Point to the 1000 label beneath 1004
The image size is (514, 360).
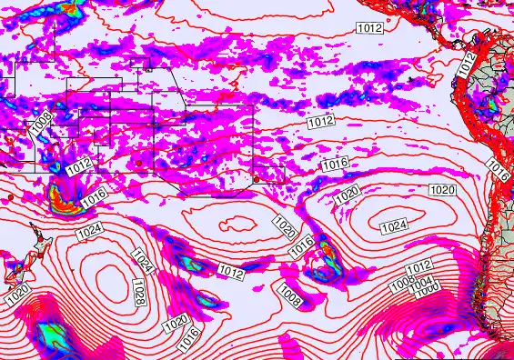[x=427, y=288]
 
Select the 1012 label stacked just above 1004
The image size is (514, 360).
[x=418, y=266]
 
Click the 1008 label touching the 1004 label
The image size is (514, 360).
[x=401, y=284]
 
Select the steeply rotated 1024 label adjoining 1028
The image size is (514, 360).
[x=141, y=264]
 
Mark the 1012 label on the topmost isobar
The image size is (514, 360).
[x=369, y=28]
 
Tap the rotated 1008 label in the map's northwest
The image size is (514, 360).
[x=40, y=121]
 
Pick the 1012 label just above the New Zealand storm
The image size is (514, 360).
[x=79, y=167]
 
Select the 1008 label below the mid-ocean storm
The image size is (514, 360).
[x=290, y=294]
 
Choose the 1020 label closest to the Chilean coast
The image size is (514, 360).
[x=442, y=189]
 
